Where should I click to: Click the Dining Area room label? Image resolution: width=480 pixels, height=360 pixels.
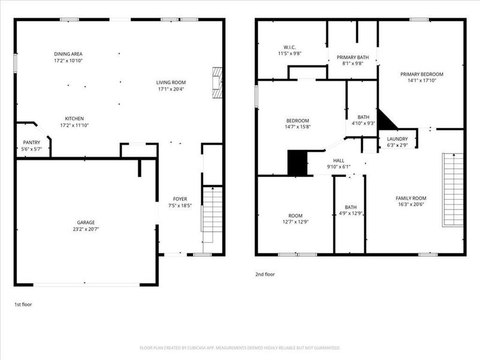pos(68,53)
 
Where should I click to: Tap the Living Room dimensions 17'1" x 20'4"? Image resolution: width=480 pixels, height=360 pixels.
pos(171,89)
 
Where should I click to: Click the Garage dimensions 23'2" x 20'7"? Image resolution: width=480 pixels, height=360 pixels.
pos(85,229)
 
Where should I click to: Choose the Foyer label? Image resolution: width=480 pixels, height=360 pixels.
pos(180,199)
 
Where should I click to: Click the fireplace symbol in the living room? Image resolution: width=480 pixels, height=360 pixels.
pos(217,82)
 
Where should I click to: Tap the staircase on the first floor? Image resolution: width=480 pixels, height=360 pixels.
pos(212,211)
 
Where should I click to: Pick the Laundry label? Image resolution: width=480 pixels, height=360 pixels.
pos(397,139)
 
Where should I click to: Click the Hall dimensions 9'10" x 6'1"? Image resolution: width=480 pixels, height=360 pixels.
pos(339,167)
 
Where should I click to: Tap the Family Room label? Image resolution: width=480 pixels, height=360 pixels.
pos(410,198)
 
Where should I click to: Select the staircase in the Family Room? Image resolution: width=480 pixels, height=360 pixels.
pos(453,190)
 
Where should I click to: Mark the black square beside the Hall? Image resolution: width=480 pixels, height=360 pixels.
pos(297,163)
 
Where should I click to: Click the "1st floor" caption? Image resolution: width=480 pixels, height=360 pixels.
pos(23,305)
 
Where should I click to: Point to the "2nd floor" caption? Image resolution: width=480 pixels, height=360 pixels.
pos(265,274)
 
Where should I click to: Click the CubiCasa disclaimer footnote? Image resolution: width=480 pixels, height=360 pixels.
pos(240,347)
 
